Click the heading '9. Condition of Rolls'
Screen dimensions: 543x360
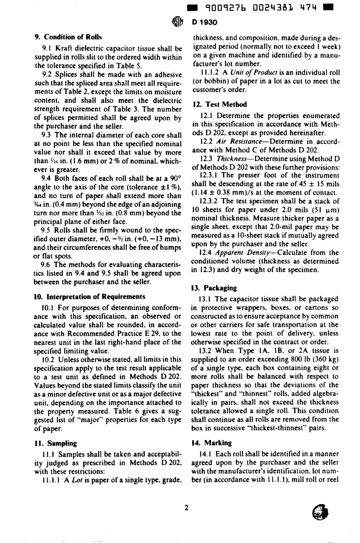(x=68, y=37)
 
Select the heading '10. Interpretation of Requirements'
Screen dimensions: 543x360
(x=90, y=296)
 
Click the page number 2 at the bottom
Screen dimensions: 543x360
(x=186, y=508)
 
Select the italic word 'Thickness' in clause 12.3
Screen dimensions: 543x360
(x=232, y=159)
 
